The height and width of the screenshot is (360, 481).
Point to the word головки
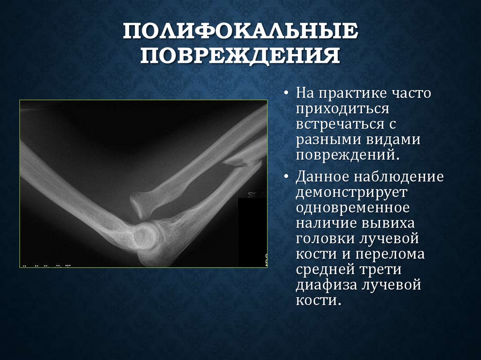(x=325, y=239)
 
